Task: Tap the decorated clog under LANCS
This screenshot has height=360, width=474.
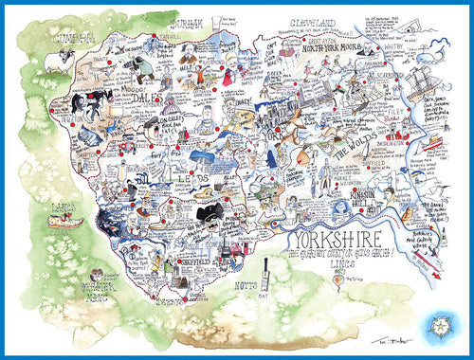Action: pyautogui.click(x=66, y=224)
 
